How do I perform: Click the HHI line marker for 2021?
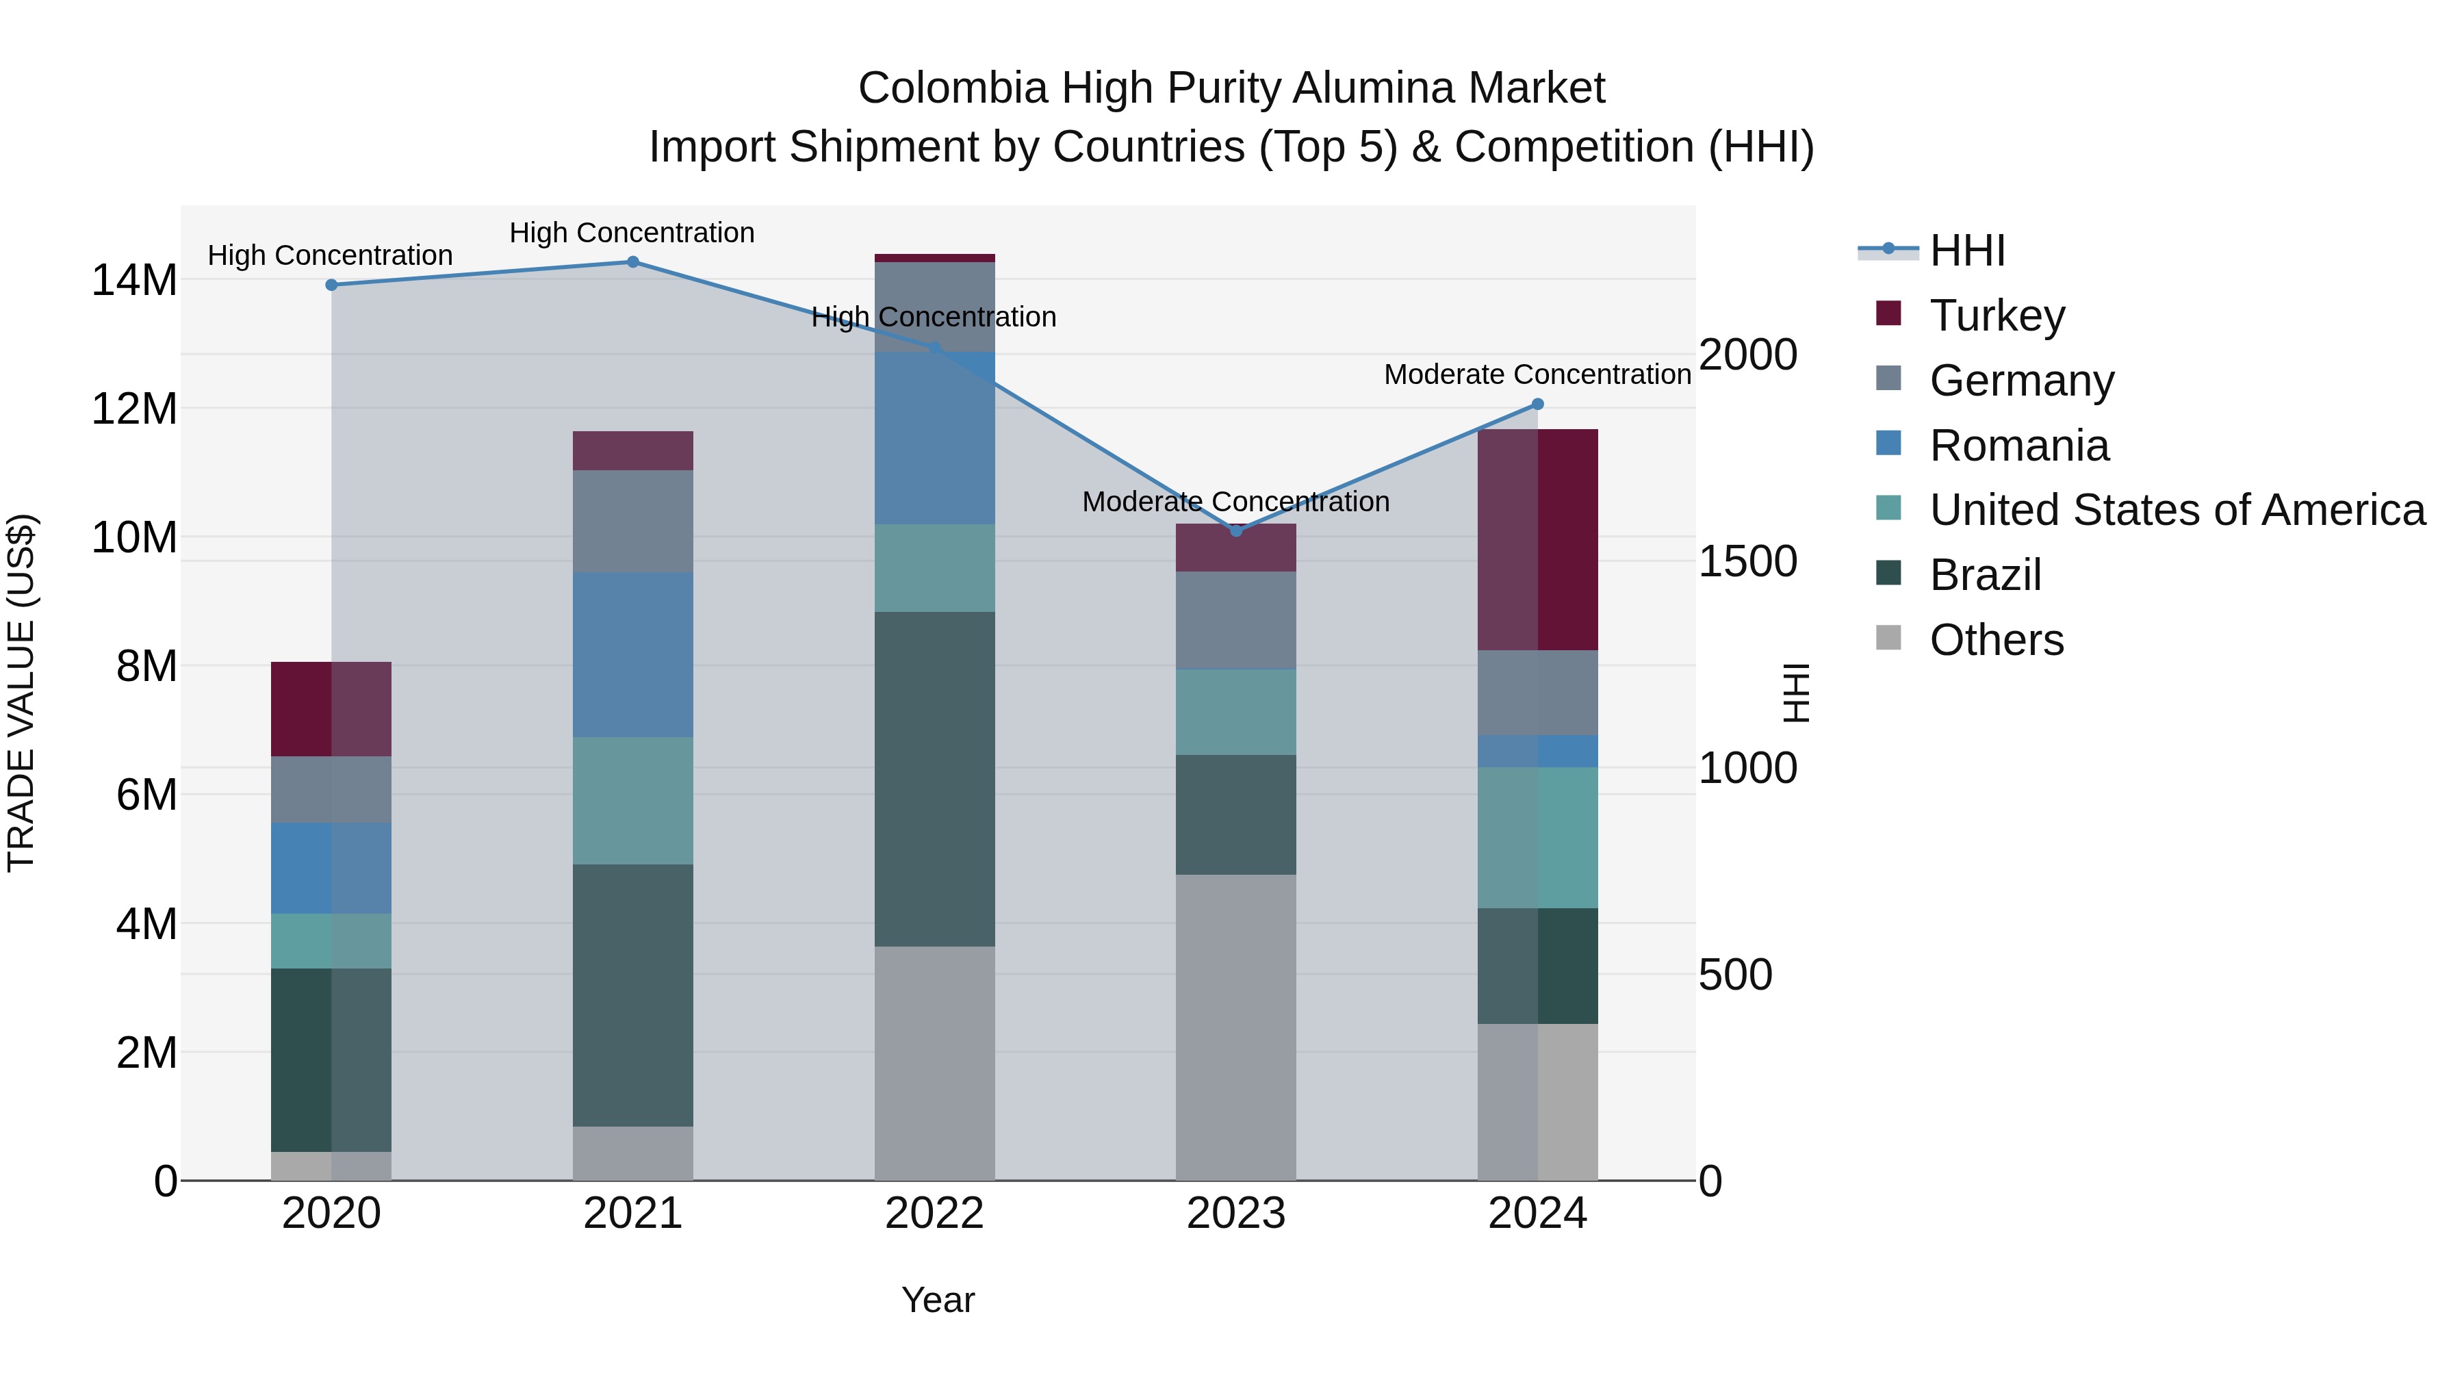632,262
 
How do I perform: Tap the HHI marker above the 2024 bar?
1538,405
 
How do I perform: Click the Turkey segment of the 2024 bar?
1538,541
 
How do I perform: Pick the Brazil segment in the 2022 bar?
934,779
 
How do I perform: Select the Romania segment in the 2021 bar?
632,654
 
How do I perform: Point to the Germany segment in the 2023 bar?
1236,620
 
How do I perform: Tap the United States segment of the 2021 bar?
632,801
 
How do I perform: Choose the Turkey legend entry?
1997,316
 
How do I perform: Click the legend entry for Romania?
2018,446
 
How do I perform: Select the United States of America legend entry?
2176,510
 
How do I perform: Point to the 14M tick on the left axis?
134,280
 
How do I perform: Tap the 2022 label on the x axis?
934,1214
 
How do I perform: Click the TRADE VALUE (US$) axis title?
21,693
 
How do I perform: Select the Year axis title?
938,1300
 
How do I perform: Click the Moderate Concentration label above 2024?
1537,374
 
